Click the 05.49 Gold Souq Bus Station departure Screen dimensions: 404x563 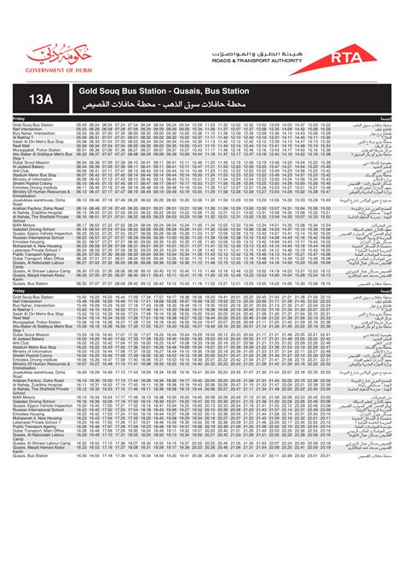point(82,125)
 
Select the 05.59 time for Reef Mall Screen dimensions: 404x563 point(82,146)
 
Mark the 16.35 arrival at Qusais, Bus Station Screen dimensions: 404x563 point(82,456)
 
